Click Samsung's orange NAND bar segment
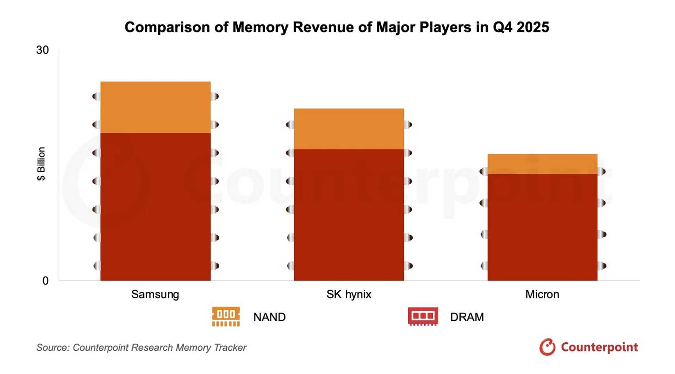click(x=155, y=107)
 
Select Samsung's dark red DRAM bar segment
click(x=155, y=207)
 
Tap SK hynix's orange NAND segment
click(x=349, y=129)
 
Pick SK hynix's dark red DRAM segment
click(x=349, y=215)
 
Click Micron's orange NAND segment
click(x=542, y=164)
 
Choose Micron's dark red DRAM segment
click(x=542, y=227)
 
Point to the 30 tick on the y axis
click(x=43, y=50)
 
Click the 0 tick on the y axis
click(x=45, y=281)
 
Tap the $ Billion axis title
click(x=41, y=164)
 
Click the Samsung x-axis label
click(x=155, y=294)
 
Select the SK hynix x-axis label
click(x=349, y=294)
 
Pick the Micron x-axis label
click(x=542, y=294)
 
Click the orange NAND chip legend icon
click(x=226, y=317)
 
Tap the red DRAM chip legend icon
click(x=423, y=317)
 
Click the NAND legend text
click(x=269, y=317)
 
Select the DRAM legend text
click(x=467, y=317)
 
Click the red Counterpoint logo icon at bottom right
click(x=547, y=347)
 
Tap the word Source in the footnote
click(x=52, y=347)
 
